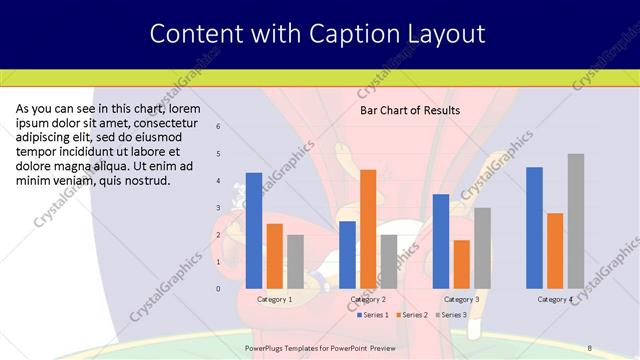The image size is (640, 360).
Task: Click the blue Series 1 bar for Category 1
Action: (x=254, y=231)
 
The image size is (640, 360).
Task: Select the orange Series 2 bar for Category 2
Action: (x=368, y=229)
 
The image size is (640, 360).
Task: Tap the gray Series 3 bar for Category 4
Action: (x=576, y=221)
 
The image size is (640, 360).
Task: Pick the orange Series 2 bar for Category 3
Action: (x=461, y=264)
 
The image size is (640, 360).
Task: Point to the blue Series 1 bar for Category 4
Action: (x=534, y=228)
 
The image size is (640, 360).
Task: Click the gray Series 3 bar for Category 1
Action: (x=295, y=262)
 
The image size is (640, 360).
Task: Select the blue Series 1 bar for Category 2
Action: (x=347, y=255)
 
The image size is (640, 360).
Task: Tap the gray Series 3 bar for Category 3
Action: (x=482, y=248)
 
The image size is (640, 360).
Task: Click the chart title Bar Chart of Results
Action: (x=409, y=110)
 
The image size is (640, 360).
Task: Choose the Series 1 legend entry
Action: (x=374, y=315)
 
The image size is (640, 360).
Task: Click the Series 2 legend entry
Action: (x=412, y=315)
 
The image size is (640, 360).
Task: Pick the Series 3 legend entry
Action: (x=452, y=315)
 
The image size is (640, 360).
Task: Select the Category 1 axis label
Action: (x=274, y=299)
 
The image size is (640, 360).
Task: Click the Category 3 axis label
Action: (x=461, y=299)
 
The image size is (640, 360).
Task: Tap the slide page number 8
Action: (x=589, y=348)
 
